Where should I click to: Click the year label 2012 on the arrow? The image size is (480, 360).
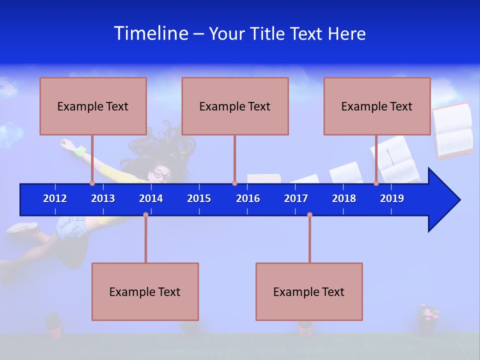click(55, 198)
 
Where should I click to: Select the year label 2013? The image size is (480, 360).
click(103, 198)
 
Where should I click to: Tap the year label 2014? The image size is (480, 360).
click(151, 198)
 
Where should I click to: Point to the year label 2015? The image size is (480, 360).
click(199, 198)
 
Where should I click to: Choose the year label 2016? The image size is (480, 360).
click(248, 198)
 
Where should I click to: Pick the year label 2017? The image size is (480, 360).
click(296, 198)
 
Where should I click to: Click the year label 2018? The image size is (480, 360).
click(344, 198)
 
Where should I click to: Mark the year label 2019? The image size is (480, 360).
click(392, 198)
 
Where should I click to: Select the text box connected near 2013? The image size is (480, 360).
click(93, 106)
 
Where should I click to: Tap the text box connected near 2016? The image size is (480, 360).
click(235, 106)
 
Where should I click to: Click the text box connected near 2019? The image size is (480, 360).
click(377, 106)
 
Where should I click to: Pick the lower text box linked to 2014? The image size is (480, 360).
click(145, 291)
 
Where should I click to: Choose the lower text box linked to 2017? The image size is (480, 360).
click(309, 291)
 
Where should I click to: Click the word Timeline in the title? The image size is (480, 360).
click(151, 33)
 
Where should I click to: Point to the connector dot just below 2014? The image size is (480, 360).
click(145, 214)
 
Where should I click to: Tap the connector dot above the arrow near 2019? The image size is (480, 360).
click(376, 183)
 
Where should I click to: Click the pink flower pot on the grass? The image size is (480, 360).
click(427, 320)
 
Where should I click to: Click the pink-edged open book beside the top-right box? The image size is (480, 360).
click(452, 131)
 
